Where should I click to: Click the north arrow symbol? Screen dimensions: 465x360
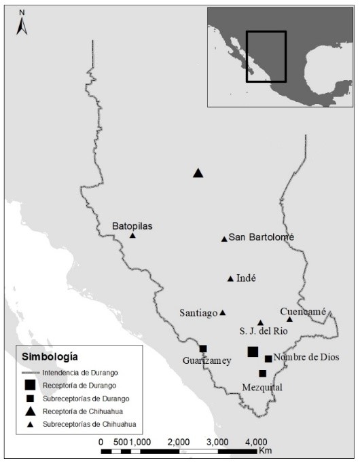click(22, 24)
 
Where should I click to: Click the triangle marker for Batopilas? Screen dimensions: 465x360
click(132, 236)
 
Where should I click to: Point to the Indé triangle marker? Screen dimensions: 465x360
click(230, 278)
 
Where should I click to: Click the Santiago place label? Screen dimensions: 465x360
click(198, 313)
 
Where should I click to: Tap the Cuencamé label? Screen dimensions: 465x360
click(303, 311)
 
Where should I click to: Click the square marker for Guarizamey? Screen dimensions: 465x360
click(203, 349)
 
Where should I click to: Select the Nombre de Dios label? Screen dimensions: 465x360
click(306, 357)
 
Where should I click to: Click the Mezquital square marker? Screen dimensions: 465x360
click(262, 373)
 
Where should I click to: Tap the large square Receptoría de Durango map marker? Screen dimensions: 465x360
click(253, 351)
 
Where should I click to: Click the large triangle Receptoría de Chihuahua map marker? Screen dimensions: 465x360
click(198, 173)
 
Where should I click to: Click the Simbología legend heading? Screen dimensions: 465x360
click(50, 356)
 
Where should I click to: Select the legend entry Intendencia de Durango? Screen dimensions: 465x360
click(79, 372)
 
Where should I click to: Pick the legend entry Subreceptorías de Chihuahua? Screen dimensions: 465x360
click(89, 424)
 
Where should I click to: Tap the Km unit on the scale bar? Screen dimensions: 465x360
click(264, 451)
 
